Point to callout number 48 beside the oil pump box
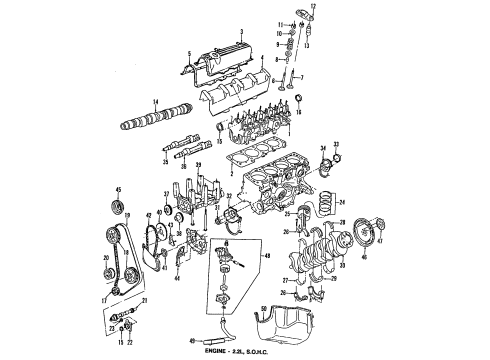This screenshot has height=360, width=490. [266, 256]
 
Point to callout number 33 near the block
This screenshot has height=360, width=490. [336, 142]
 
